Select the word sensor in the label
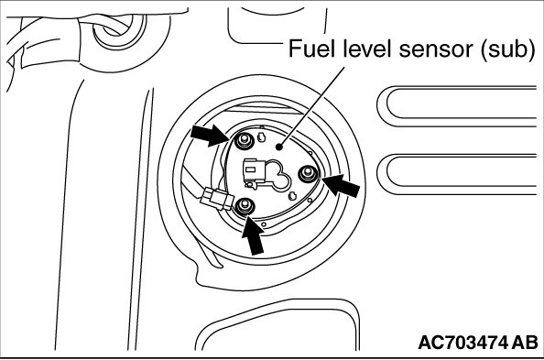(437, 50)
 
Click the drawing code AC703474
(462, 343)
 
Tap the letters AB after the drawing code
(525, 343)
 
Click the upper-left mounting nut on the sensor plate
(245, 140)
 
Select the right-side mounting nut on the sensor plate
(308, 173)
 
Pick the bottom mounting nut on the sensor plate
(245, 205)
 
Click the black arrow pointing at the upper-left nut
(209, 136)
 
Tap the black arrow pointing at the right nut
(341, 185)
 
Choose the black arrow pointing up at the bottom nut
(254, 235)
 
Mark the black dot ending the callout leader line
(278, 147)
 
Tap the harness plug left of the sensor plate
(217, 198)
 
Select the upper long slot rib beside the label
(458, 106)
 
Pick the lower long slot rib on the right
(458, 174)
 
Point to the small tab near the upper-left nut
(261, 137)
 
